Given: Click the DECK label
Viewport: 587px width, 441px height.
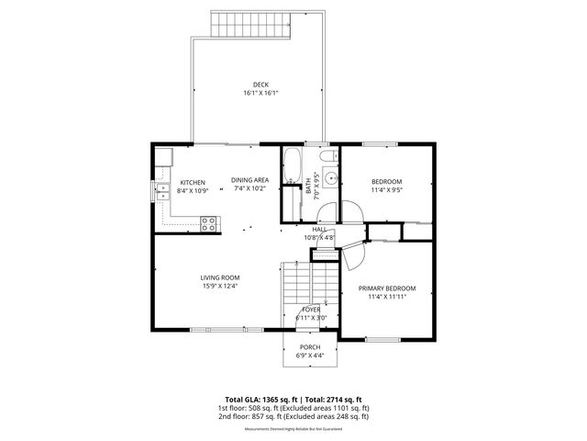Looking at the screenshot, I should (x=260, y=85).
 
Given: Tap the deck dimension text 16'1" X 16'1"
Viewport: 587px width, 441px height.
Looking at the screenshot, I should (x=260, y=94).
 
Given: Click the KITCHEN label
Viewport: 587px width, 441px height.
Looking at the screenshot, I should (x=193, y=181).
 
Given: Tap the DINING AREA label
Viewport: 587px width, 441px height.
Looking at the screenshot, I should (x=249, y=181).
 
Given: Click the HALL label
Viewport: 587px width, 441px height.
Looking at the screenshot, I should (x=319, y=230).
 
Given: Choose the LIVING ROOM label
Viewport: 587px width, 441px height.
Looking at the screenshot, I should (x=220, y=277).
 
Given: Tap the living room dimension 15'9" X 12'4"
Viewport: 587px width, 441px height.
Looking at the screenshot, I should (x=220, y=286).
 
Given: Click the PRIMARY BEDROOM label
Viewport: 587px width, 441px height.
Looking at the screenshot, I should (x=386, y=288).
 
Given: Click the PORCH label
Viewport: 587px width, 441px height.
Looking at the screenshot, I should (x=310, y=347).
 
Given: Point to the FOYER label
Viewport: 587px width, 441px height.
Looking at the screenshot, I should (x=312, y=310).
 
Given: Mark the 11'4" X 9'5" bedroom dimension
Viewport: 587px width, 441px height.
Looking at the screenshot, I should (x=386, y=190).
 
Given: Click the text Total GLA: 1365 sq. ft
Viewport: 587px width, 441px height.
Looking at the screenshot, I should (x=258, y=400).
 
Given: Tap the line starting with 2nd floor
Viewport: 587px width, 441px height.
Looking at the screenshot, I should (x=293, y=416).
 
